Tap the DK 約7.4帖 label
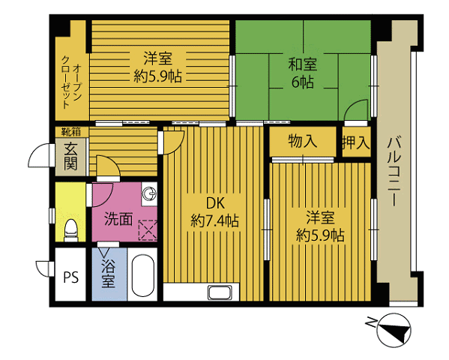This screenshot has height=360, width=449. (215, 212)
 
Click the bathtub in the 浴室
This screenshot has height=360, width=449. (143, 275)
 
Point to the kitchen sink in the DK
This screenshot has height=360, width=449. (220, 292)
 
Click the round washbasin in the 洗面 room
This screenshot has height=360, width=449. (149, 193)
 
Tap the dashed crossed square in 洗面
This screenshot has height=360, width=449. (148, 230)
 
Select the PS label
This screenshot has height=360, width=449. (70, 277)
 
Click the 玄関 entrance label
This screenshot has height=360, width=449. (70, 157)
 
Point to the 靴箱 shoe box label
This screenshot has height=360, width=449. (71, 132)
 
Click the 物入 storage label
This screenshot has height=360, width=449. (302, 141)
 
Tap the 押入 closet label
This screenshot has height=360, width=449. (356, 142)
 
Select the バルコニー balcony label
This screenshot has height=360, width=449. (394, 172)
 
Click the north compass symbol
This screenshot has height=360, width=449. (394, 330)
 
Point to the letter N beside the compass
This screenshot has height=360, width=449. (371, 322)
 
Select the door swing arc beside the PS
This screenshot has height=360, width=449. (43, 268)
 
